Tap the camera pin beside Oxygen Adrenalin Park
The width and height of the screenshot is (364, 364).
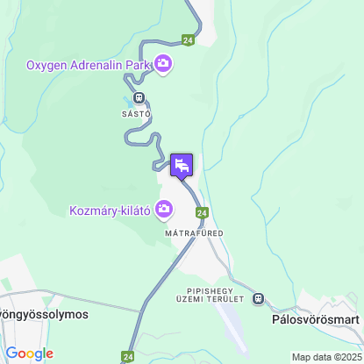pyautogui.click(x=163, y=63)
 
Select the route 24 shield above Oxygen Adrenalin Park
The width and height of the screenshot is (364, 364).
pyautogui.click(x=188, y=39)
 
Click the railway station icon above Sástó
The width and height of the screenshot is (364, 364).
pyautogui.click(x=139, y=98)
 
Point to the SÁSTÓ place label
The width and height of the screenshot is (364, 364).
pyautogui.click(x=137, y=114)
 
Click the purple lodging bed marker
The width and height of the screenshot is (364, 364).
pyautogui.click(x=182, y=165)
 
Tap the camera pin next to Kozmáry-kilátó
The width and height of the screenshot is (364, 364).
pyautogui.click(x=163, y=209)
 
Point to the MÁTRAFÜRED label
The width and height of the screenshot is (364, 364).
pyautogui.click(x=195, y=233)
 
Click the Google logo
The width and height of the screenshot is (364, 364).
pyautogui.click(x=28, y=353)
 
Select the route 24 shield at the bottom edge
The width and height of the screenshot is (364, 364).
pyautogui.click(x=128, y=357)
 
